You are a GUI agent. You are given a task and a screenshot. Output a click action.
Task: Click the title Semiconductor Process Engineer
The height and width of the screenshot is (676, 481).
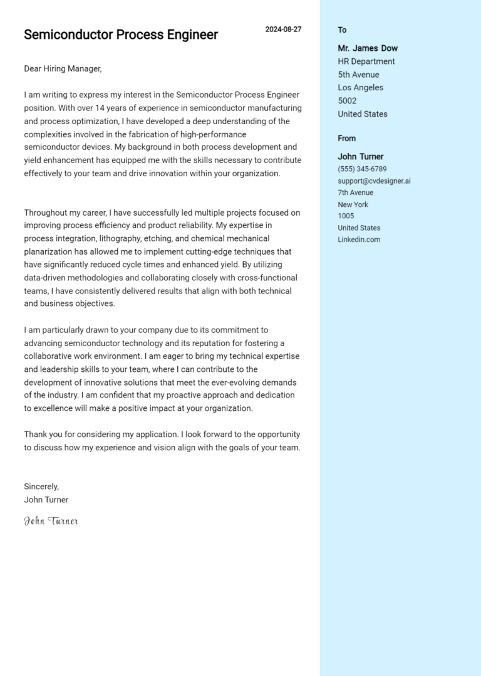[x=121, y=35]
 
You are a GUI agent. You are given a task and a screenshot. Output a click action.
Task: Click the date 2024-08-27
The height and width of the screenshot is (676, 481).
[x=283, y=29]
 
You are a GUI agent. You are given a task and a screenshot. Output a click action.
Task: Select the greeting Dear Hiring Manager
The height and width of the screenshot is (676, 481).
[x=63, y=69]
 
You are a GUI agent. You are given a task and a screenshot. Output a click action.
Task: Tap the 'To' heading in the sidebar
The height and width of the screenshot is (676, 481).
[x=342, y=30]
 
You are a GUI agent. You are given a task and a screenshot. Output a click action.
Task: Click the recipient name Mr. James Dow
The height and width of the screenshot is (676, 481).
[x=368, y=48]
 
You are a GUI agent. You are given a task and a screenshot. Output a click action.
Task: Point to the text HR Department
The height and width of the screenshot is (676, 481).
[x=366, y=61]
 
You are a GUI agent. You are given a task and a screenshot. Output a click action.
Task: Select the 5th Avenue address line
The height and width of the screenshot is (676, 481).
[x=358, y=75]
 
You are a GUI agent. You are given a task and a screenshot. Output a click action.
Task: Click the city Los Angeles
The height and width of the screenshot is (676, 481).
[x=360, y=88]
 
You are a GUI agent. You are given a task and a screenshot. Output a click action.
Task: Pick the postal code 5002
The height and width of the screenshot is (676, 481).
[x=347, y=101]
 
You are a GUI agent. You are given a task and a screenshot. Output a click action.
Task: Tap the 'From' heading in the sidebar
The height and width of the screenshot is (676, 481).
[x=346, y=139]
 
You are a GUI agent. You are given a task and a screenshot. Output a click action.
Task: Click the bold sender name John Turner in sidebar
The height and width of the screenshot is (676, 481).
[x=361, y=157]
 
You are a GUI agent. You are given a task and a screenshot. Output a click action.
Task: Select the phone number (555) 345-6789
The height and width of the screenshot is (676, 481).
[x=362, y=169]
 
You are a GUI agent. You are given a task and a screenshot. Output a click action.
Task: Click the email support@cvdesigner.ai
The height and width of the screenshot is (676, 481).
[x=374, y=181]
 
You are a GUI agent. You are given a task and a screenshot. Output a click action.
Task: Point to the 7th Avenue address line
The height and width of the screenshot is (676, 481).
[x=355, y=193]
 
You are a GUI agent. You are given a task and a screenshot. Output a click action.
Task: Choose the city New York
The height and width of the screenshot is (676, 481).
[x=353, y=204]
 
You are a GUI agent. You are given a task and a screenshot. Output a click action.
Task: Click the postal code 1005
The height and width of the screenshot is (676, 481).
[x=346, y=216]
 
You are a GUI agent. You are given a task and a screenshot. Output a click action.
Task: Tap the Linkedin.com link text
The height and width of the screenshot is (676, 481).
[x=359, y=240]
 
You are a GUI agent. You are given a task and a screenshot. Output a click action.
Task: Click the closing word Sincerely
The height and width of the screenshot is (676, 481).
[x=41, y=487]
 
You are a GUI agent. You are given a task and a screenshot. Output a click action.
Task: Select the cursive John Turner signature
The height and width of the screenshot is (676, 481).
[x=51, y=521]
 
